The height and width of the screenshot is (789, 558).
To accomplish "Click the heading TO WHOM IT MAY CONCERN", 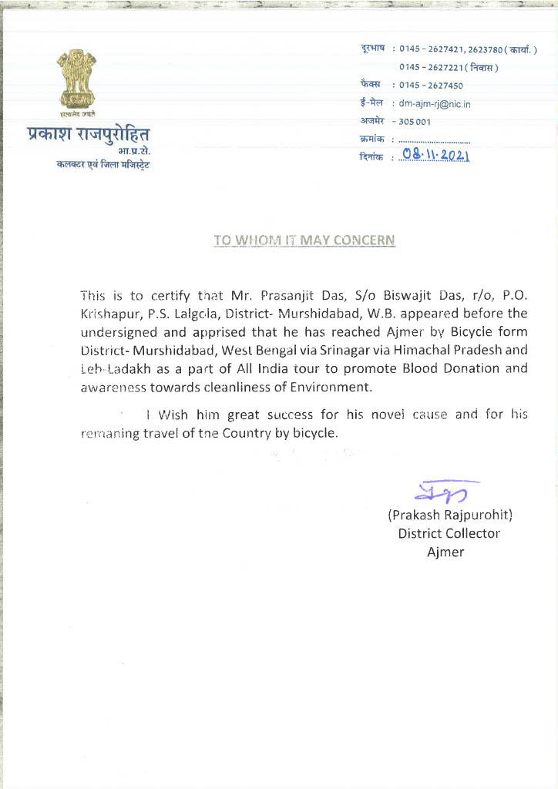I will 304,240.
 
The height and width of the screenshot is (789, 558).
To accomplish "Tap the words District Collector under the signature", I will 449,533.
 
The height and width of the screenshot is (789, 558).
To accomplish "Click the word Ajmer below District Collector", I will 445,552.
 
